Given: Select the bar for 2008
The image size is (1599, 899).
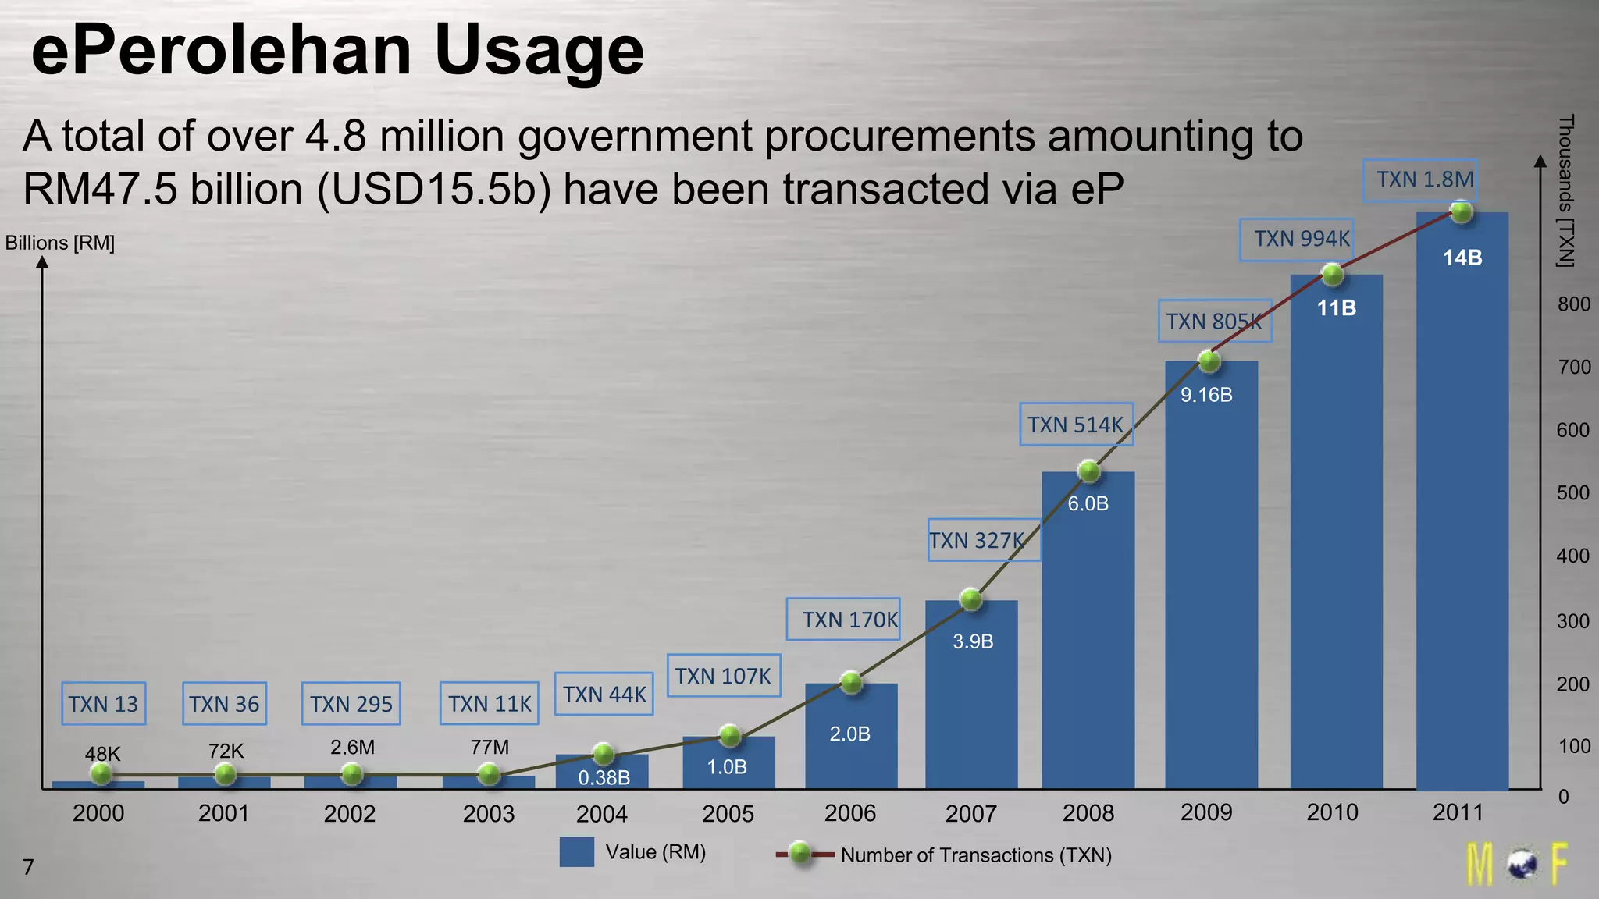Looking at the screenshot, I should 1088,640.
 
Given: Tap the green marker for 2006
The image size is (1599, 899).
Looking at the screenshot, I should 851,682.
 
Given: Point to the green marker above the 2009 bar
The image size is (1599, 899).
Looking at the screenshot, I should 1209,361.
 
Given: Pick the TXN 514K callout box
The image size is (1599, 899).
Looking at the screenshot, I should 1075,425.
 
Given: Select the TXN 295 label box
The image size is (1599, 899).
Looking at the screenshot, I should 351,704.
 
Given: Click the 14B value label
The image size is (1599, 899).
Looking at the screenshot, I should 1462,258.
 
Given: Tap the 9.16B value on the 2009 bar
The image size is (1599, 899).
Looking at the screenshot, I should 1206,395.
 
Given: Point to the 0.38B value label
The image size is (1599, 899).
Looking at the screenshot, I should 604,777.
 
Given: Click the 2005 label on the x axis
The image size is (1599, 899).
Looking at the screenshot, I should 728,814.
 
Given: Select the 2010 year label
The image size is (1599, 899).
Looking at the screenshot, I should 1332,812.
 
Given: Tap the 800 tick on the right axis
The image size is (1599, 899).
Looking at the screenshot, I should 1573,304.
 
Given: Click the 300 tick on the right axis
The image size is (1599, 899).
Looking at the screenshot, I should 1573,621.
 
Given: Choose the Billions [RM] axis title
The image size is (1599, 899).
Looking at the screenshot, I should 60,243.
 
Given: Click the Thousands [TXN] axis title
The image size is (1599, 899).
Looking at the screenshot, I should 1565,190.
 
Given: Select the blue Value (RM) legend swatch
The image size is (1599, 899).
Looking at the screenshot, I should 576,852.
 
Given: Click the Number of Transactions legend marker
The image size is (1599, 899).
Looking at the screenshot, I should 799,854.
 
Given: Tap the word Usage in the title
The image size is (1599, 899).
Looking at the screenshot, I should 539,51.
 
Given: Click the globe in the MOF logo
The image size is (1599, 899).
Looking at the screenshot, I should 1521,865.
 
